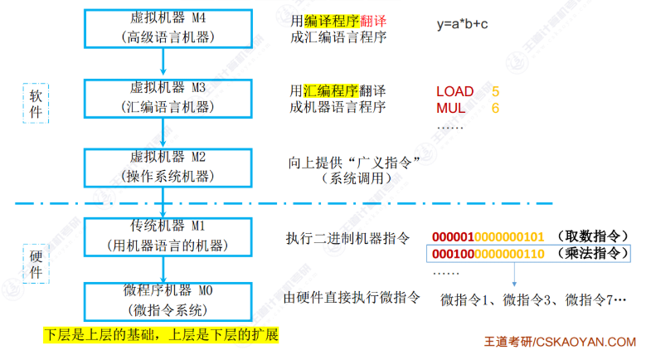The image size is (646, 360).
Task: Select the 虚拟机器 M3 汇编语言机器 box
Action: click(166, 99)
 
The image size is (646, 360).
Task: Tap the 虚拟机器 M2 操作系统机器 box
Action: click(166, 167)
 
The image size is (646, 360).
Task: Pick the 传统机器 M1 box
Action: click(166, 236)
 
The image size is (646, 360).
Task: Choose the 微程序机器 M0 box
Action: click(166, 300)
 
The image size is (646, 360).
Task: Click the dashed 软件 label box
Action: click(34, 104)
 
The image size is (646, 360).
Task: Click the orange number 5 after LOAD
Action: click(495, 90)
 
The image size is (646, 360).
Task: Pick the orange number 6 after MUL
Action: click(495, 108)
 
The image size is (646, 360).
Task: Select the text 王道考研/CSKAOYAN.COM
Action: click(560, 342)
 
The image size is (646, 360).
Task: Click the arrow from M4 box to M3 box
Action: click(165, 62)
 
